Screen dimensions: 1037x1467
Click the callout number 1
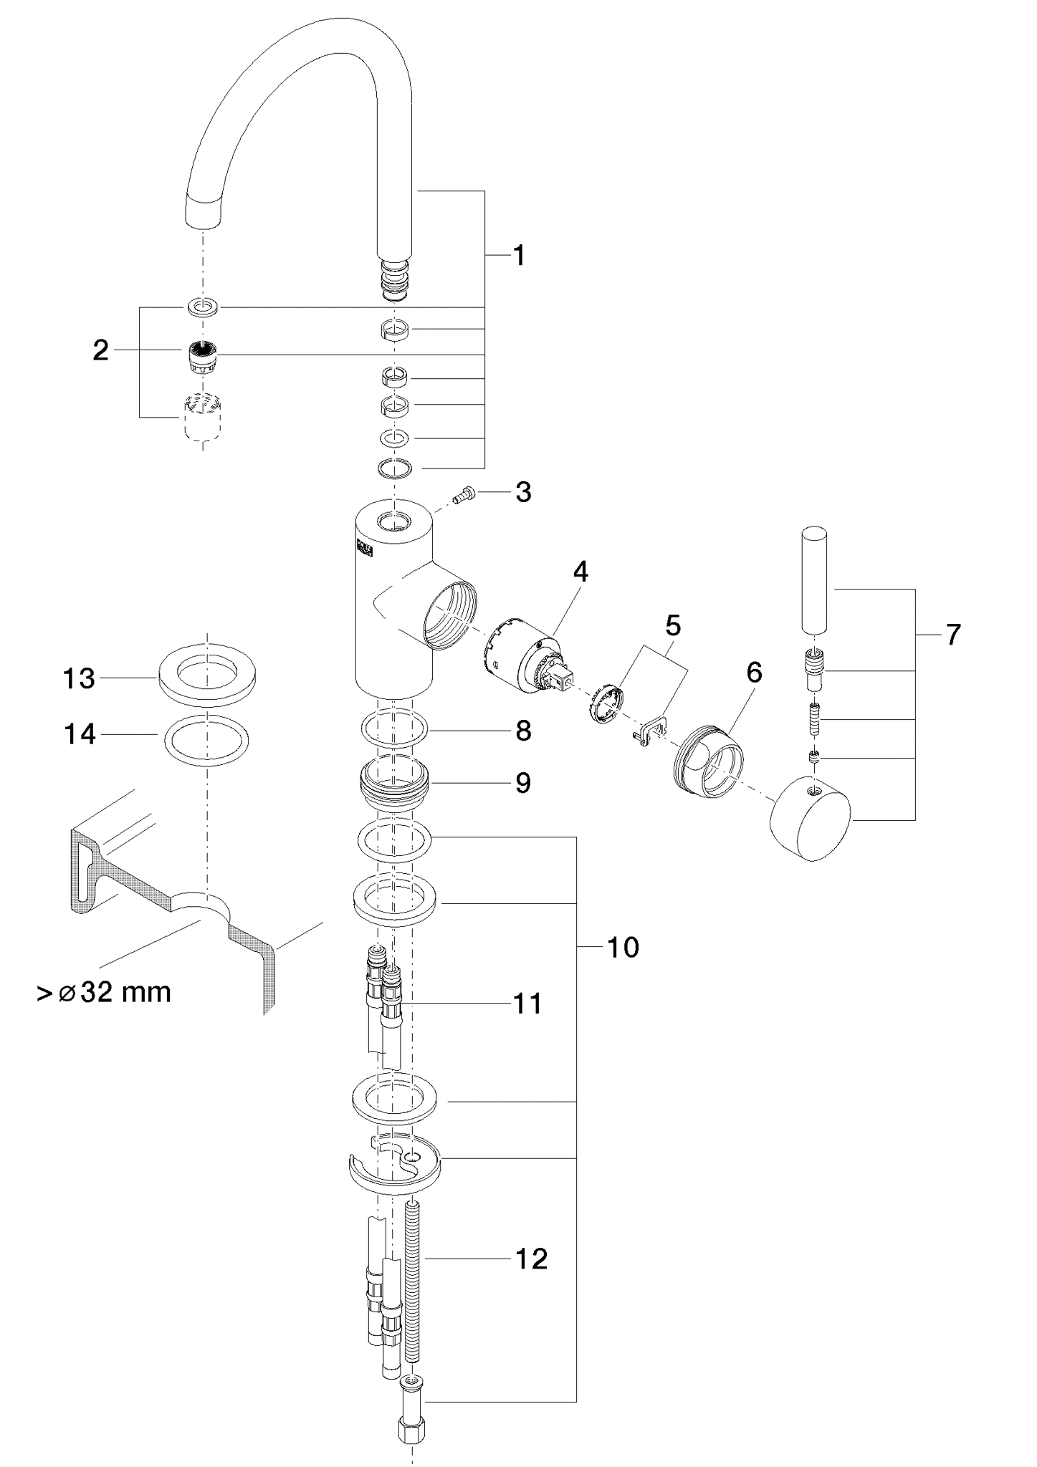coord(519,256)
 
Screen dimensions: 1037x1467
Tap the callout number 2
coord(101,350)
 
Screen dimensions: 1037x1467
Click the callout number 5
coord(672,625)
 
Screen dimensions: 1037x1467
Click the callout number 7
coord(952,635)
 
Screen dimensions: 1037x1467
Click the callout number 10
coord(623,948)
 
